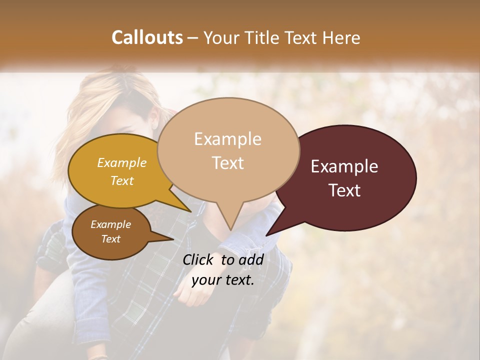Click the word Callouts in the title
(x=147, y=37)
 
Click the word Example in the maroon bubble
(x=344, y=166)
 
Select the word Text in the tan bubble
(x=228, y=163)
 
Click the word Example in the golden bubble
(x=122, y=163)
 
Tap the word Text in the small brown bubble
(x=111, y=239)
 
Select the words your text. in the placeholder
(x=223, y=280)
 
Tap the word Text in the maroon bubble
(x=345, y=190)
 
